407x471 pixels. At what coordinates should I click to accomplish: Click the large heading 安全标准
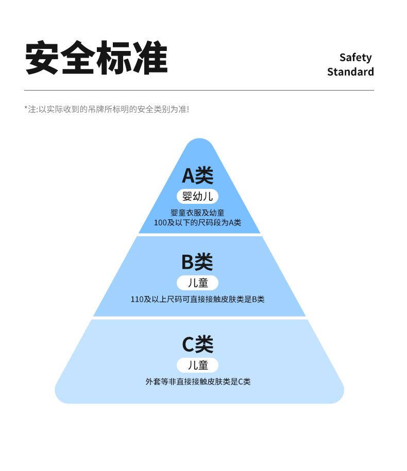click(96, 58)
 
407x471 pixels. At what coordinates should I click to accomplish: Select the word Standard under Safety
click(350, 72)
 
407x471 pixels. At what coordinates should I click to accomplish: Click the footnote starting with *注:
click(107, 109)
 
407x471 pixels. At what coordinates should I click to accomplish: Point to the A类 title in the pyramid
click(197, 176)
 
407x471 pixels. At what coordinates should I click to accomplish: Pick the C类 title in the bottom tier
click(197, 344)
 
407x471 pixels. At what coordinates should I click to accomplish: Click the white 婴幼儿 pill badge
click(197, 196)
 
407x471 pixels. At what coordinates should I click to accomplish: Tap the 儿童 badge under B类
click(197, 283)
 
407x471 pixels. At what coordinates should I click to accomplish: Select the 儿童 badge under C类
click(197, 365)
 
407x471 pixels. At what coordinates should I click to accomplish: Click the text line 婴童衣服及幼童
click(197, 213)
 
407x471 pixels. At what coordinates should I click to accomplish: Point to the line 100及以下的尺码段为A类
click(197, 222)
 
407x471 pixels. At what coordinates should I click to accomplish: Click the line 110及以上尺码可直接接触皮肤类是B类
click(197, 299)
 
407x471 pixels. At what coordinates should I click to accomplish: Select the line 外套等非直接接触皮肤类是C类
click(198, 382)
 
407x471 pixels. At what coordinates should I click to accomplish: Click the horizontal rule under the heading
click(199, 91)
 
